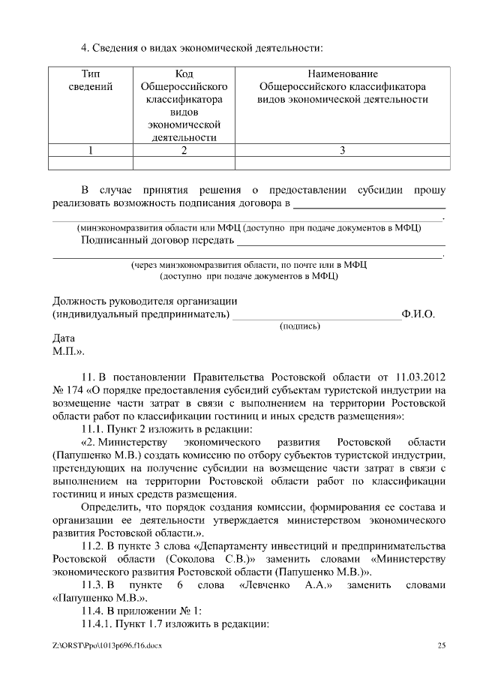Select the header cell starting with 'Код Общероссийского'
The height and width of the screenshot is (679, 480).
184,105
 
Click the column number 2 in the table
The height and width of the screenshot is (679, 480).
184,149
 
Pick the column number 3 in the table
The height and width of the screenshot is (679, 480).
342,149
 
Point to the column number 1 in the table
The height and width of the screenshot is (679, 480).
91,149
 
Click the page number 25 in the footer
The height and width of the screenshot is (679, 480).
441,645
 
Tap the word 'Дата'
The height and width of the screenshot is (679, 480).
64,338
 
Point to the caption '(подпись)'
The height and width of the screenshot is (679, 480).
300,326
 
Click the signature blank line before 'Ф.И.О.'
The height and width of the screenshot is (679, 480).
316,317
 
